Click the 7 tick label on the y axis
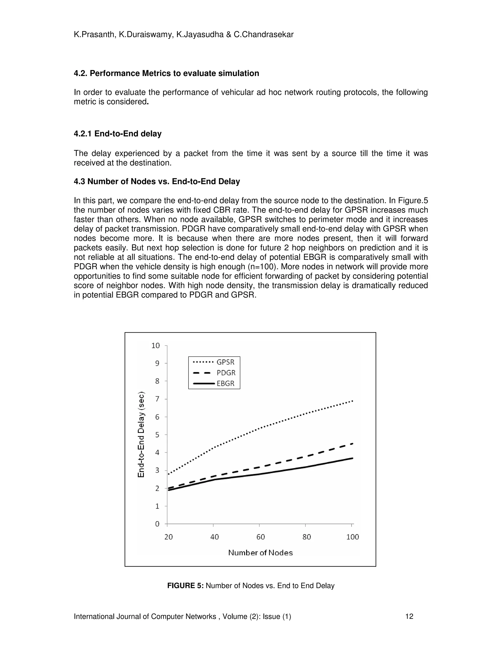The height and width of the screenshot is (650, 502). point(157,399)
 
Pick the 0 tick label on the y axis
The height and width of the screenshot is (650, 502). point(157,524)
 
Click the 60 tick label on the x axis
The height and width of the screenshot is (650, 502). point(261,537)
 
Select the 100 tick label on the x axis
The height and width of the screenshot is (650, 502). point(353,537)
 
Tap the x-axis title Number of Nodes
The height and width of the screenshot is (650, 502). point(260,553)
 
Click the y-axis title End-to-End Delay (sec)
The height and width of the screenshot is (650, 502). point(141,435)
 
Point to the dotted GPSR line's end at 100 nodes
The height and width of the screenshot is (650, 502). point(352,401)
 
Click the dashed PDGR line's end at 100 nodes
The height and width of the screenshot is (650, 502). point(352,443)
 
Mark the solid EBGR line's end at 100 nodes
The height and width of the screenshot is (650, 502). point(352,458)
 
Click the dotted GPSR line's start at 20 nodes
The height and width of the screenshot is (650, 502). point(169,474)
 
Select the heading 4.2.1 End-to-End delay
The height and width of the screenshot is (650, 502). point(117,134)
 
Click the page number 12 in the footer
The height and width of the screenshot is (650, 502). point(409,616)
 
